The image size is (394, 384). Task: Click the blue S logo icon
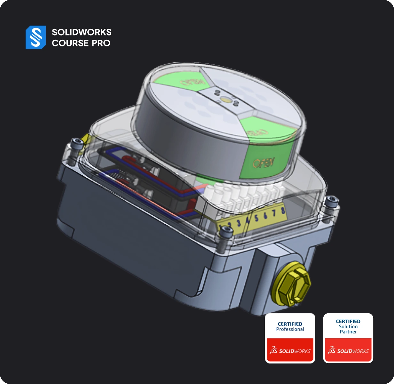[x=36, y=37]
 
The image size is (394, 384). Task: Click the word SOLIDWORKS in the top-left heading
[x=82, y=32]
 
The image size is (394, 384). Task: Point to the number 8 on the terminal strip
[x=283, y=210]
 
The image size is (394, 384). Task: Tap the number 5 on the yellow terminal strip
[x=256, y=218]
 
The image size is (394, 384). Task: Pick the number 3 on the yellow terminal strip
[x=239, y=223]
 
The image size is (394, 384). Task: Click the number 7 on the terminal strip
[x=274, y=213]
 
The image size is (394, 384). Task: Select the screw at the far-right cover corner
[x=331, y=201]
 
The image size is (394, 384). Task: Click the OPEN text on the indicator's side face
[x=263, y=163]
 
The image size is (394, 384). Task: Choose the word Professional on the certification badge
[x=290, y=329]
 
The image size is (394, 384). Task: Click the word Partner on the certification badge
[x=348, y=332]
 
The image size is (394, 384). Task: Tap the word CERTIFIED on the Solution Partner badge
[x=348, y=321]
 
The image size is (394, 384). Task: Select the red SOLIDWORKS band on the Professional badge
[x=290, y=350]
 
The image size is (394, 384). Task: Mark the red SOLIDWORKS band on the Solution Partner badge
[x=348, y=350]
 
